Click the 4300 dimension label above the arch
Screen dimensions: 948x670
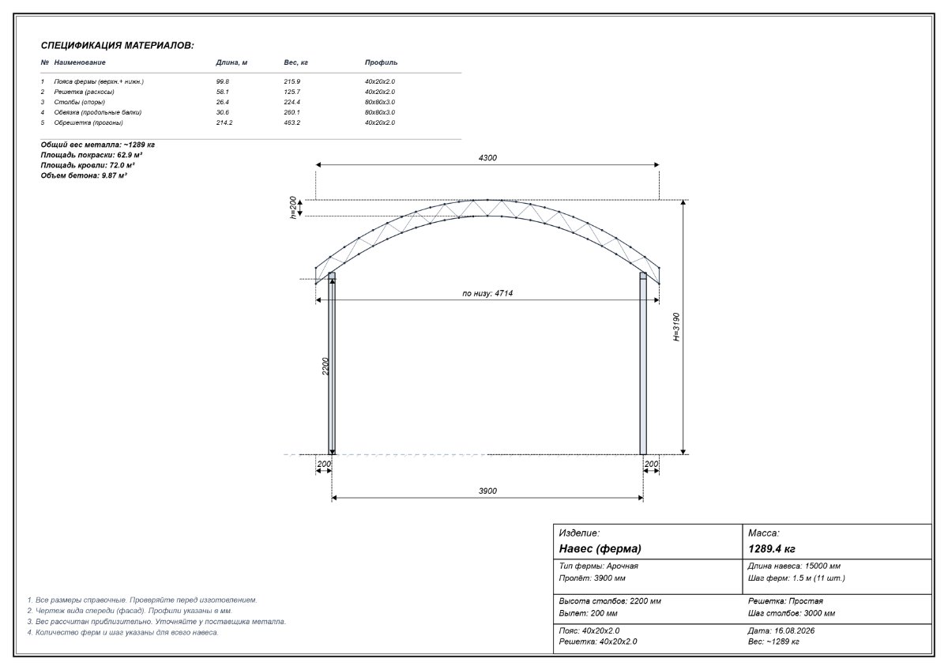pyautogui.click(x=487, y=158)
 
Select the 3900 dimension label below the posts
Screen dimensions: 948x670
pyautogui.click(x=487, y=491)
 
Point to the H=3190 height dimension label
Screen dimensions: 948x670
pyautogui.click(x=677, y=327)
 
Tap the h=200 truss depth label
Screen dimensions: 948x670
pyautogui.click(x=293, y=207)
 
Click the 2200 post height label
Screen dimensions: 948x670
pyautogui.click(x=325, y=366)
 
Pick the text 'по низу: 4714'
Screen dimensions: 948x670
pyautogui.click(x=487, y=293)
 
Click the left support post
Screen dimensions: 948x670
pyautogui.click(x=332, y=363)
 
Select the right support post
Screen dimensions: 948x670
pyautogui.click(x=643, y=363)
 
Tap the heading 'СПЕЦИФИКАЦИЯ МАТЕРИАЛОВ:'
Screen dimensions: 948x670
pyautogui.click(x=117, y=46)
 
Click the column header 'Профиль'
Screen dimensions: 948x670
pyautogui.click(x=381, y=62)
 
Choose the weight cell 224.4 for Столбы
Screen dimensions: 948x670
pyautogui.click(x=292, y=102)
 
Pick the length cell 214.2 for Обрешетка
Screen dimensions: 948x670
pyautogui.click(x=224, y=122)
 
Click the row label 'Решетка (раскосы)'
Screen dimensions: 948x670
pyautogui.click(x=85, y=92)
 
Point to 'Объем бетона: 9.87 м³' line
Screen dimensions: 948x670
pyautogui.click(x=84, y=175)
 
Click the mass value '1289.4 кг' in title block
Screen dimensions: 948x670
pyautogui.click(x=772, y=549)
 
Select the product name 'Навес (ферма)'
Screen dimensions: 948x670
pyautogui.click(x=600, y=549)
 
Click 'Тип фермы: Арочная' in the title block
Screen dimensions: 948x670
pyautogui.click(x=599, y=566)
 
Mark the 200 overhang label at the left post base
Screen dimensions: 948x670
pyautogui.click(x=324, y=464)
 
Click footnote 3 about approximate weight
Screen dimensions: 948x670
pyautogui.click(x=156, y=622)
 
